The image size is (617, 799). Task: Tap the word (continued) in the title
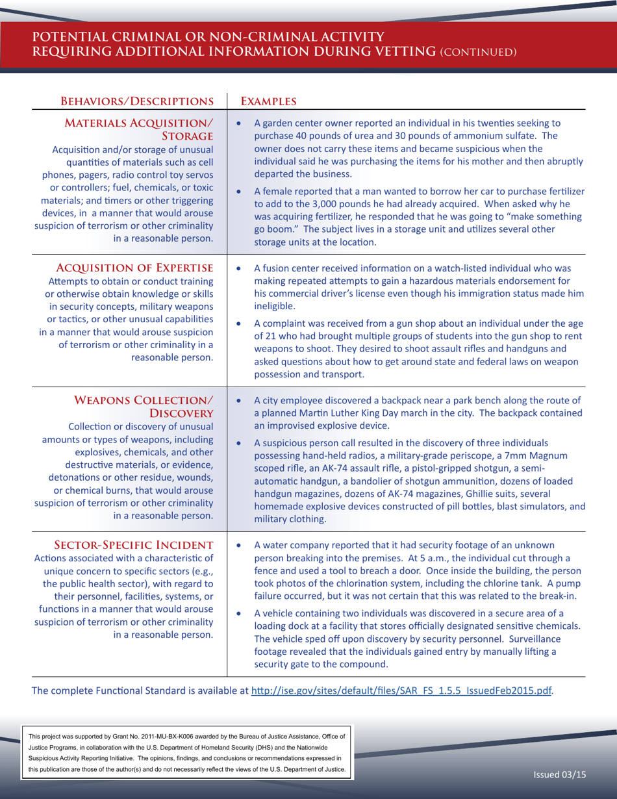point(478,51)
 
